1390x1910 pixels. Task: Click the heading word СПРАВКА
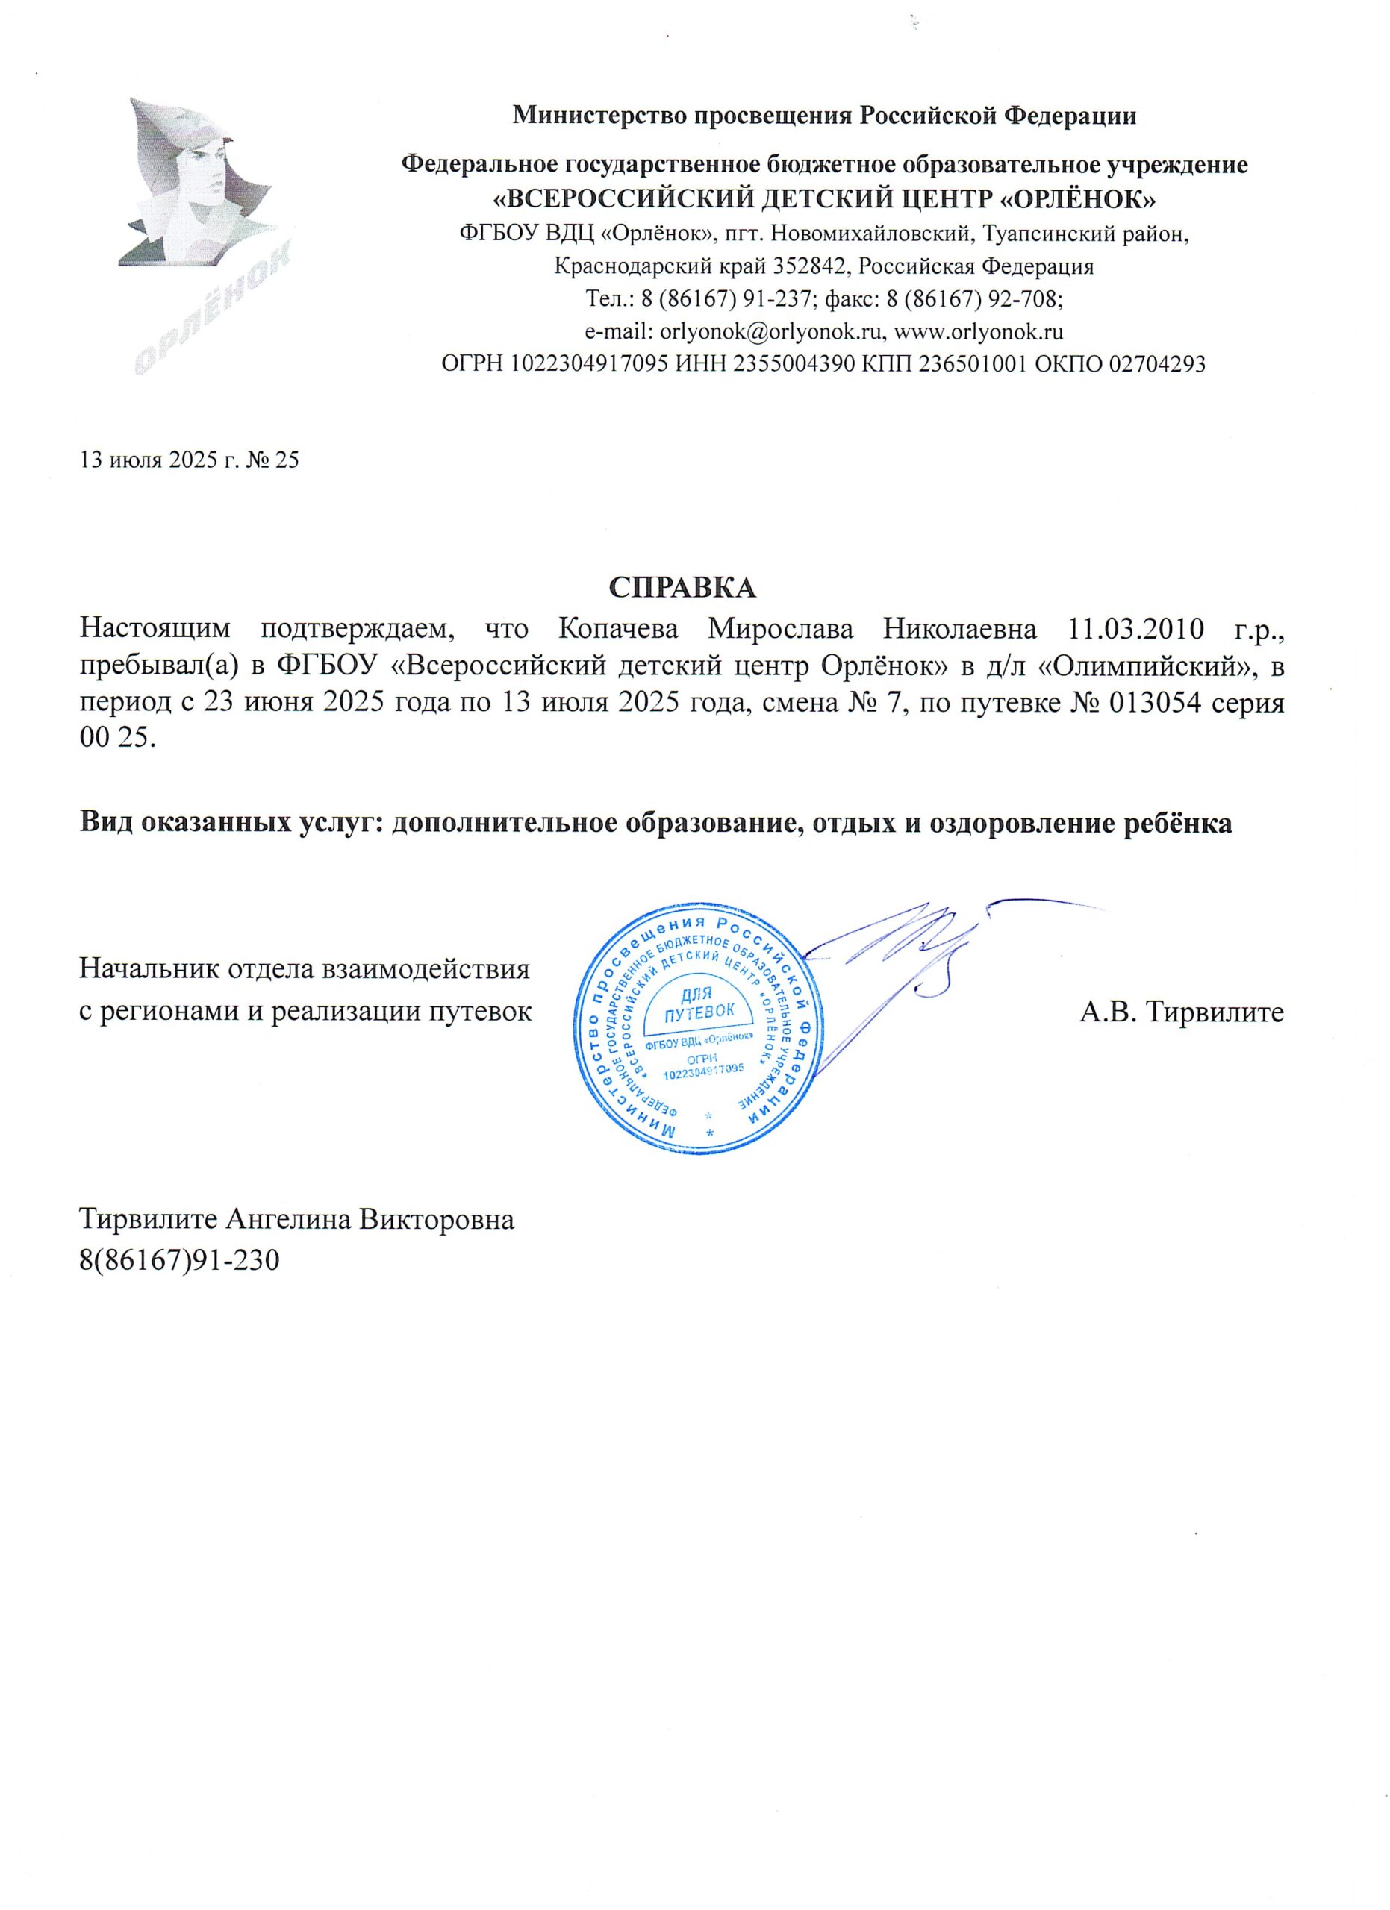[x=682, y=587]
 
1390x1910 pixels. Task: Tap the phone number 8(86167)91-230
[x=178, y=1261]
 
